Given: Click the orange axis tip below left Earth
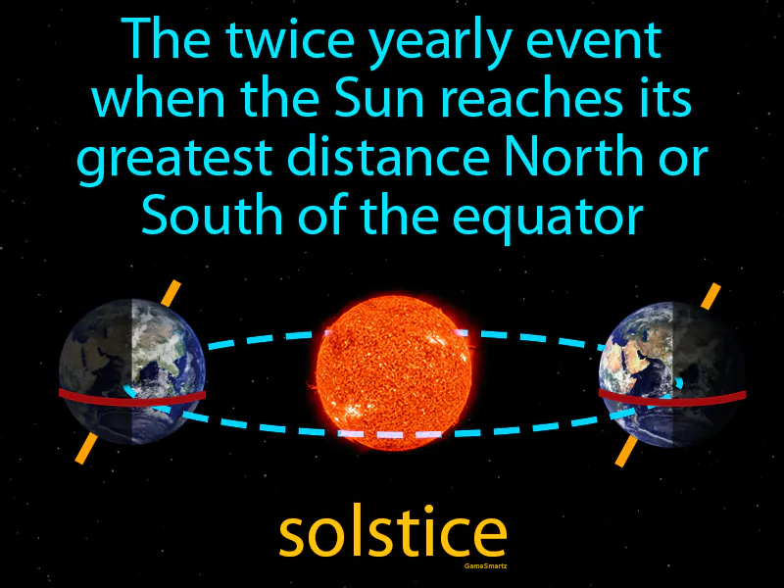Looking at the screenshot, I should [x=85, y=448].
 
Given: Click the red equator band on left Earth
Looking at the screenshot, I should [x=132, y=396].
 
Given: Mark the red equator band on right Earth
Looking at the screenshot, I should [x=672, y=397].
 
